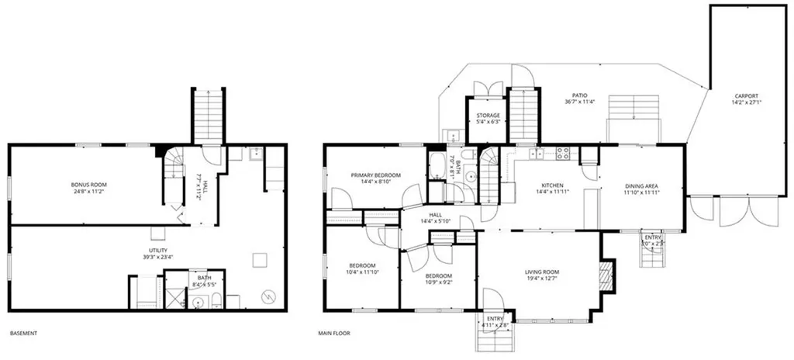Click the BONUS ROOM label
click(88, 185)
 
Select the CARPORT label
click(747, 97)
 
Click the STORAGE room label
click(488, 116)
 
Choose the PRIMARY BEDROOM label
click(375, 175)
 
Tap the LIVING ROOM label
click(541, 271)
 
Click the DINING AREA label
click(641, 186)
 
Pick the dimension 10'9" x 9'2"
click(438, 283)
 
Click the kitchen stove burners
click(561, 152)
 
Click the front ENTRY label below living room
click(494, 318)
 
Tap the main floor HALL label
click(437, 215)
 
